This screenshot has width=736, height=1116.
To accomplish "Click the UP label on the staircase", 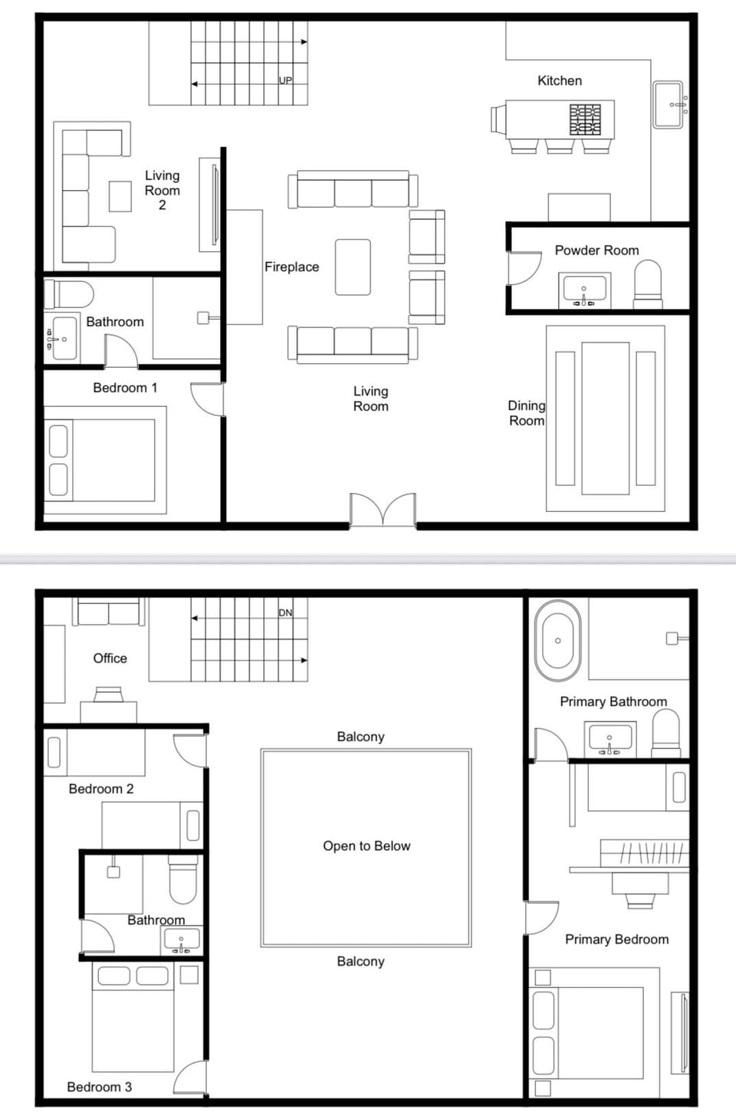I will (x=285, y=80).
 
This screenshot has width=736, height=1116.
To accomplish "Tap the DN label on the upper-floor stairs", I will (x=285, y=612).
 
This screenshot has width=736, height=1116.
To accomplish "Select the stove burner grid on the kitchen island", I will (x=585, y=120).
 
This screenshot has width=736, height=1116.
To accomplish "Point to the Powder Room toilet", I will (x=648, y=284).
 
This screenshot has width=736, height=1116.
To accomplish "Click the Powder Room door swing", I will (x=524, y=268).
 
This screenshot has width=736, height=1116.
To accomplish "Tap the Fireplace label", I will (x=291, y=267).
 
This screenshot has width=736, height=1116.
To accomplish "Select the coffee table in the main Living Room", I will (x=353, y=267).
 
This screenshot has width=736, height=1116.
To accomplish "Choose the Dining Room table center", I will (x=605, y=419).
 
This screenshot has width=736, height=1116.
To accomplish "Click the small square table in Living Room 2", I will (x=120, y=195).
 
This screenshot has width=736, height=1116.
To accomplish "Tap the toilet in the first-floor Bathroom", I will (x=69, y=294).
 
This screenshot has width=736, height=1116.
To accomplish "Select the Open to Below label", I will (x=366, y=846).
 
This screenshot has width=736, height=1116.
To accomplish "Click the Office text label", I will (x=110, y=658).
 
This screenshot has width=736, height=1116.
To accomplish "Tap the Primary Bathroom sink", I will (x=609, y=737).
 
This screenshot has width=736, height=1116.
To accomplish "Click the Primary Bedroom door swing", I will (x=541, y=917).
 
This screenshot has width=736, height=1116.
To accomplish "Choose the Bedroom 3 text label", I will (x=99, y=1087).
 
